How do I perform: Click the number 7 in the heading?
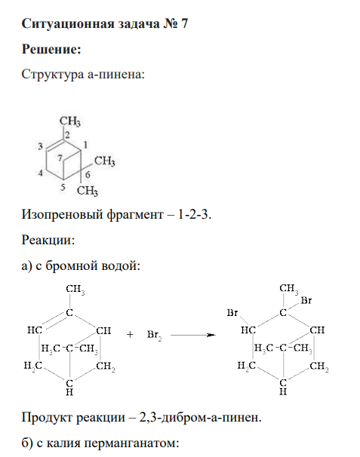coord(184,23)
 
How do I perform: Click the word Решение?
coord(51,49)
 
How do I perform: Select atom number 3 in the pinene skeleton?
coord(40,146)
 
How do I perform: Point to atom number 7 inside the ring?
coord(60,158)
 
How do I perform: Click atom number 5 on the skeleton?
coord(63,187)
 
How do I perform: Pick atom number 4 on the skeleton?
coord(40,173)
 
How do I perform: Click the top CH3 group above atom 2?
coord(70,121)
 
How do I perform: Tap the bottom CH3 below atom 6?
coord(88,191)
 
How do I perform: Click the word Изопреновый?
coord(63,215)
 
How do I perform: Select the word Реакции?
coord(48,240)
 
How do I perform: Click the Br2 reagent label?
coord(154,335)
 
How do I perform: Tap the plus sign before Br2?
coord(130,334)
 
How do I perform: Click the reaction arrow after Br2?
coord(193,335)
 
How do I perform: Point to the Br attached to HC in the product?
coord(232,313)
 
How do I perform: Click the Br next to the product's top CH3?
coord(306,300)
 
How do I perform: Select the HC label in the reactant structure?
coord(35,330)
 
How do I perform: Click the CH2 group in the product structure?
coord(319,366)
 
